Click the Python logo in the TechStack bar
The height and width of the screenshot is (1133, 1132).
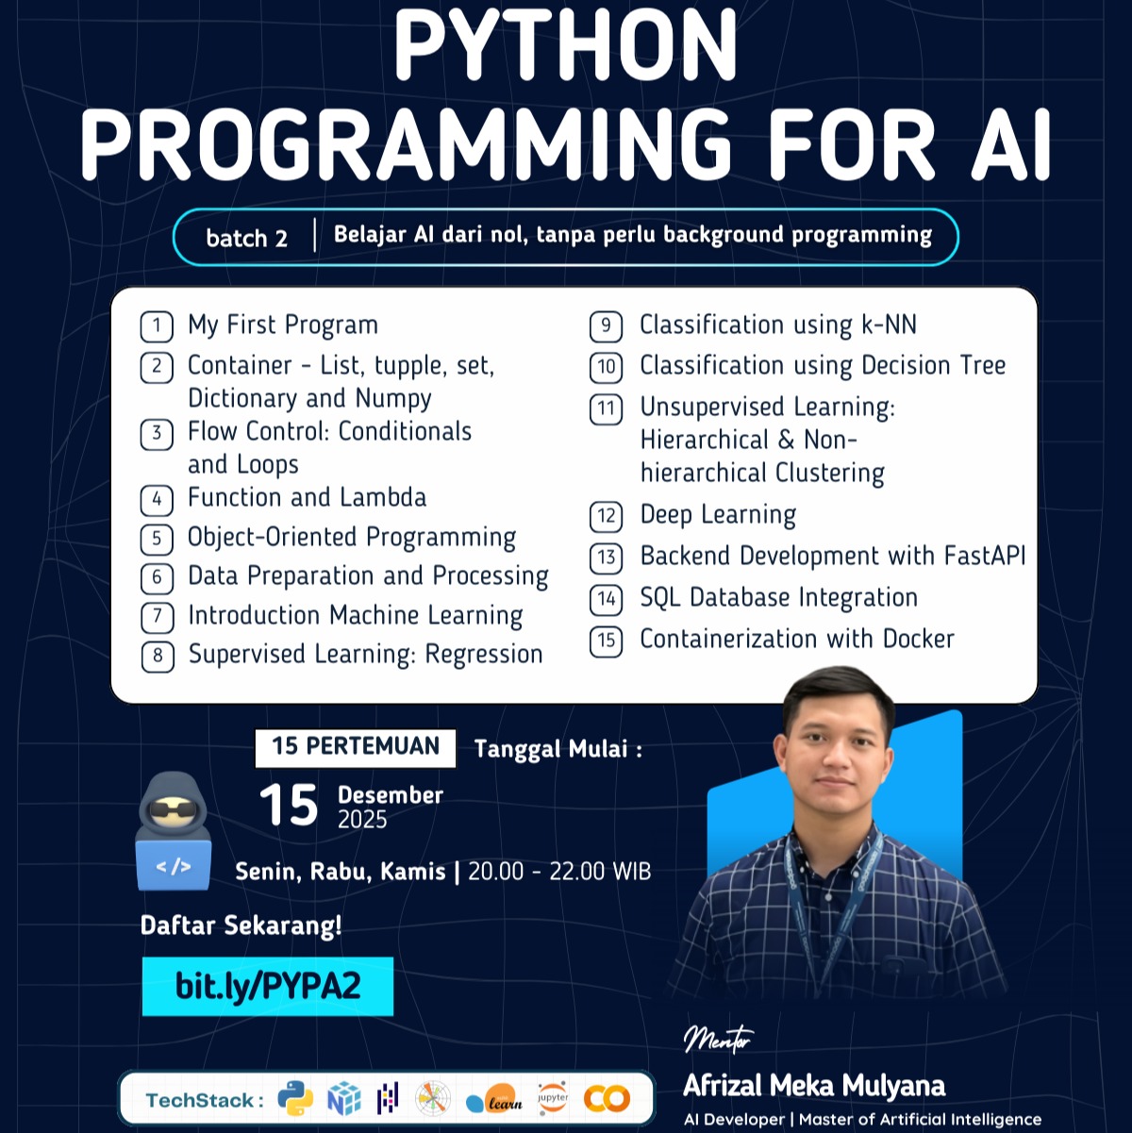pos(295,1099)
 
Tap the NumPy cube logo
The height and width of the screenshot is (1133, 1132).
pos(343,1099)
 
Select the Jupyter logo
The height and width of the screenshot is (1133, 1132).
pos(553,1099)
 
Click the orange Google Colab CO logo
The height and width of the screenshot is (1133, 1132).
pos(607,1099)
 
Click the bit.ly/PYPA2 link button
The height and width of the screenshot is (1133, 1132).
pos(268,987)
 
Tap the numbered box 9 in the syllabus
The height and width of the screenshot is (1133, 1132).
pos(606,326)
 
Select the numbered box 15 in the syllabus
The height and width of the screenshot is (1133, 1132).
pos(606,641)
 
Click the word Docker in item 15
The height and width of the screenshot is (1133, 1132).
pos(918,639)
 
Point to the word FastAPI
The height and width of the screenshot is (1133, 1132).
pos(984,556)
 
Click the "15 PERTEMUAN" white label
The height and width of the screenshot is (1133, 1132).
pos(356,747)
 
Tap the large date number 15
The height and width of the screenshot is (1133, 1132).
pos(289,806)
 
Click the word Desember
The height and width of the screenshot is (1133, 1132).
pos(391,794)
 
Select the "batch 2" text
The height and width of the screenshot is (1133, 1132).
pos(247,238)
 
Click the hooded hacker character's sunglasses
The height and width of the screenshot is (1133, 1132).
pos(174,810)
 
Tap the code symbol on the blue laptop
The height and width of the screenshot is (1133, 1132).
pos(173,865)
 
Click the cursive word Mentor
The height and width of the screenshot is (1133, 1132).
pos(718,1039)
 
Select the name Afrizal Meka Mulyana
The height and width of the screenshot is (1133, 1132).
pos(813,1086)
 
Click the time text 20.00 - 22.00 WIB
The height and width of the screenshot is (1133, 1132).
pos(559,871)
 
